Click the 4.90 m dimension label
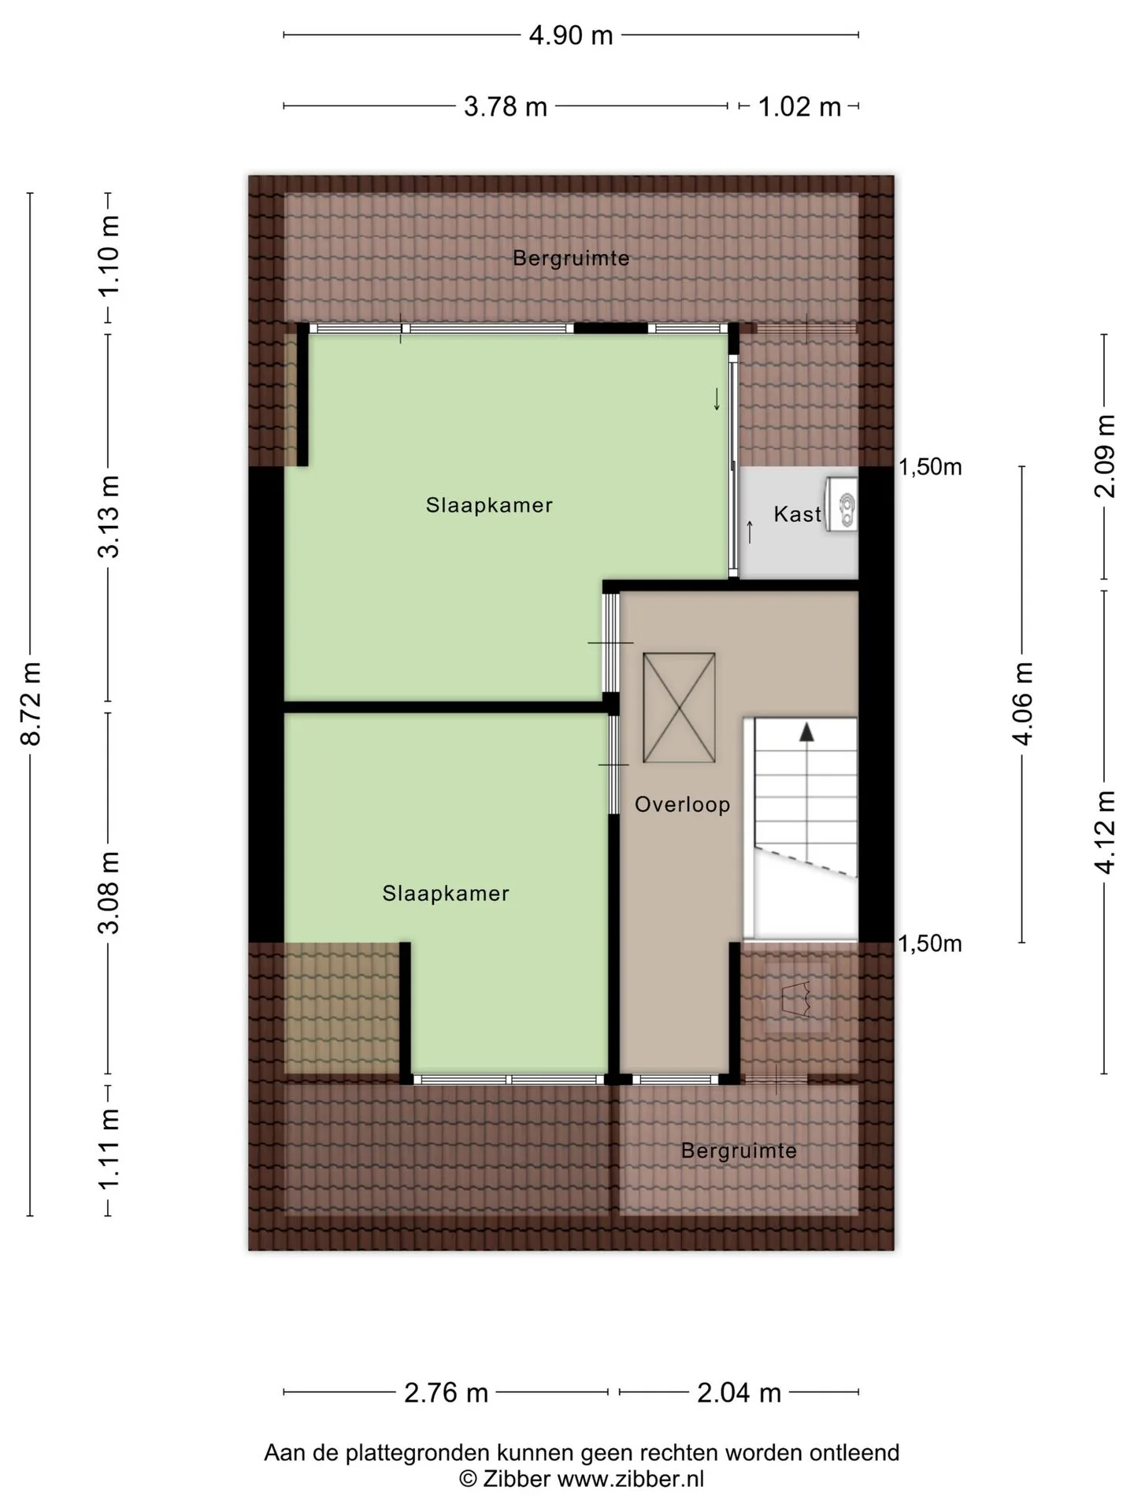coord(571,35)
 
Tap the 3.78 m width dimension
coord(506,106)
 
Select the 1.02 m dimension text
coord(799,106)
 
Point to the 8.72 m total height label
coord(31,703)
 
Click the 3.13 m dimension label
coord(109,517)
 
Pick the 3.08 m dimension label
coord(109,892)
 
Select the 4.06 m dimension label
coord(1023,703)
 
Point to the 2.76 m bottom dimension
coord(446,1392)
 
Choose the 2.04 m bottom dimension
coord(739,1392)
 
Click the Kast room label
coord(797,514)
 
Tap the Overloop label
coord(683,804)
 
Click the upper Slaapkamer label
coord(489,505)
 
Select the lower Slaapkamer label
coord(446,893)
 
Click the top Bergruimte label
coord(571,258)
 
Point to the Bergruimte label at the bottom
coord(739,1151)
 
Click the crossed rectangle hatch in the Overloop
coord(679,707)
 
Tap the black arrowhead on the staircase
coord(806,732)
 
